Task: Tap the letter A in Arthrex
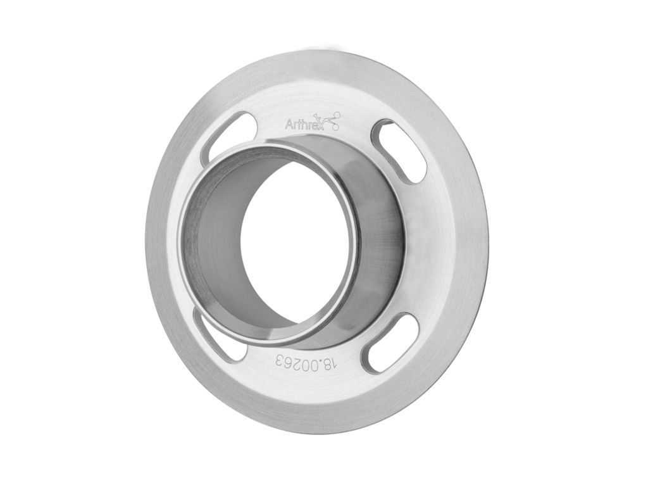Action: point(289,125)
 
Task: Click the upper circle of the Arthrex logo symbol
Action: point(337,115)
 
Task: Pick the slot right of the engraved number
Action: point(389,343)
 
